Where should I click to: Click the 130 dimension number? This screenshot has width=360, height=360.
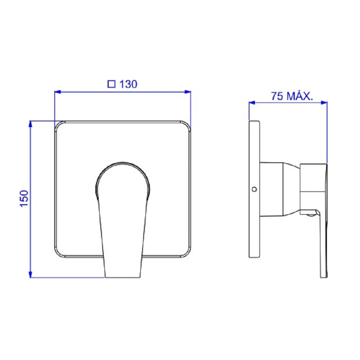coord(129,84)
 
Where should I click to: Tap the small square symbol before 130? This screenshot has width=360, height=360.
coord(111,84)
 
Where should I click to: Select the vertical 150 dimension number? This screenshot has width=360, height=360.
coord(24,199)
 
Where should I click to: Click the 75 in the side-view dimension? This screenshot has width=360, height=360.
coord(277,96)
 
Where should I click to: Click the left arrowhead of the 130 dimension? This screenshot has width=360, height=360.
coord(57,92)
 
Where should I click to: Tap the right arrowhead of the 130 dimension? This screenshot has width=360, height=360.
coord(188,92)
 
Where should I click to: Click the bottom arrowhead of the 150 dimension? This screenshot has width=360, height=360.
coord(30,274)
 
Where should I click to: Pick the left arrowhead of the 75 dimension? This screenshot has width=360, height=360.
coord(252,102)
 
